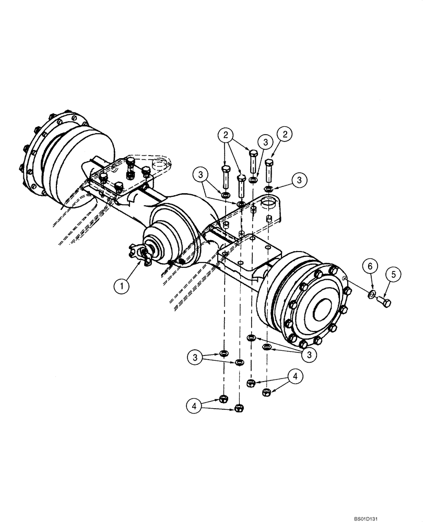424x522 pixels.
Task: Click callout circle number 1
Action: [x=122, y=286]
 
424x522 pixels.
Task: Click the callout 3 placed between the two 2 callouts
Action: [x=266, y=143]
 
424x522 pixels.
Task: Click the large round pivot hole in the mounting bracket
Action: [x=269, y=201]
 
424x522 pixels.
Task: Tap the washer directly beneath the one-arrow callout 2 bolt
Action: [x=268, y=188]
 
